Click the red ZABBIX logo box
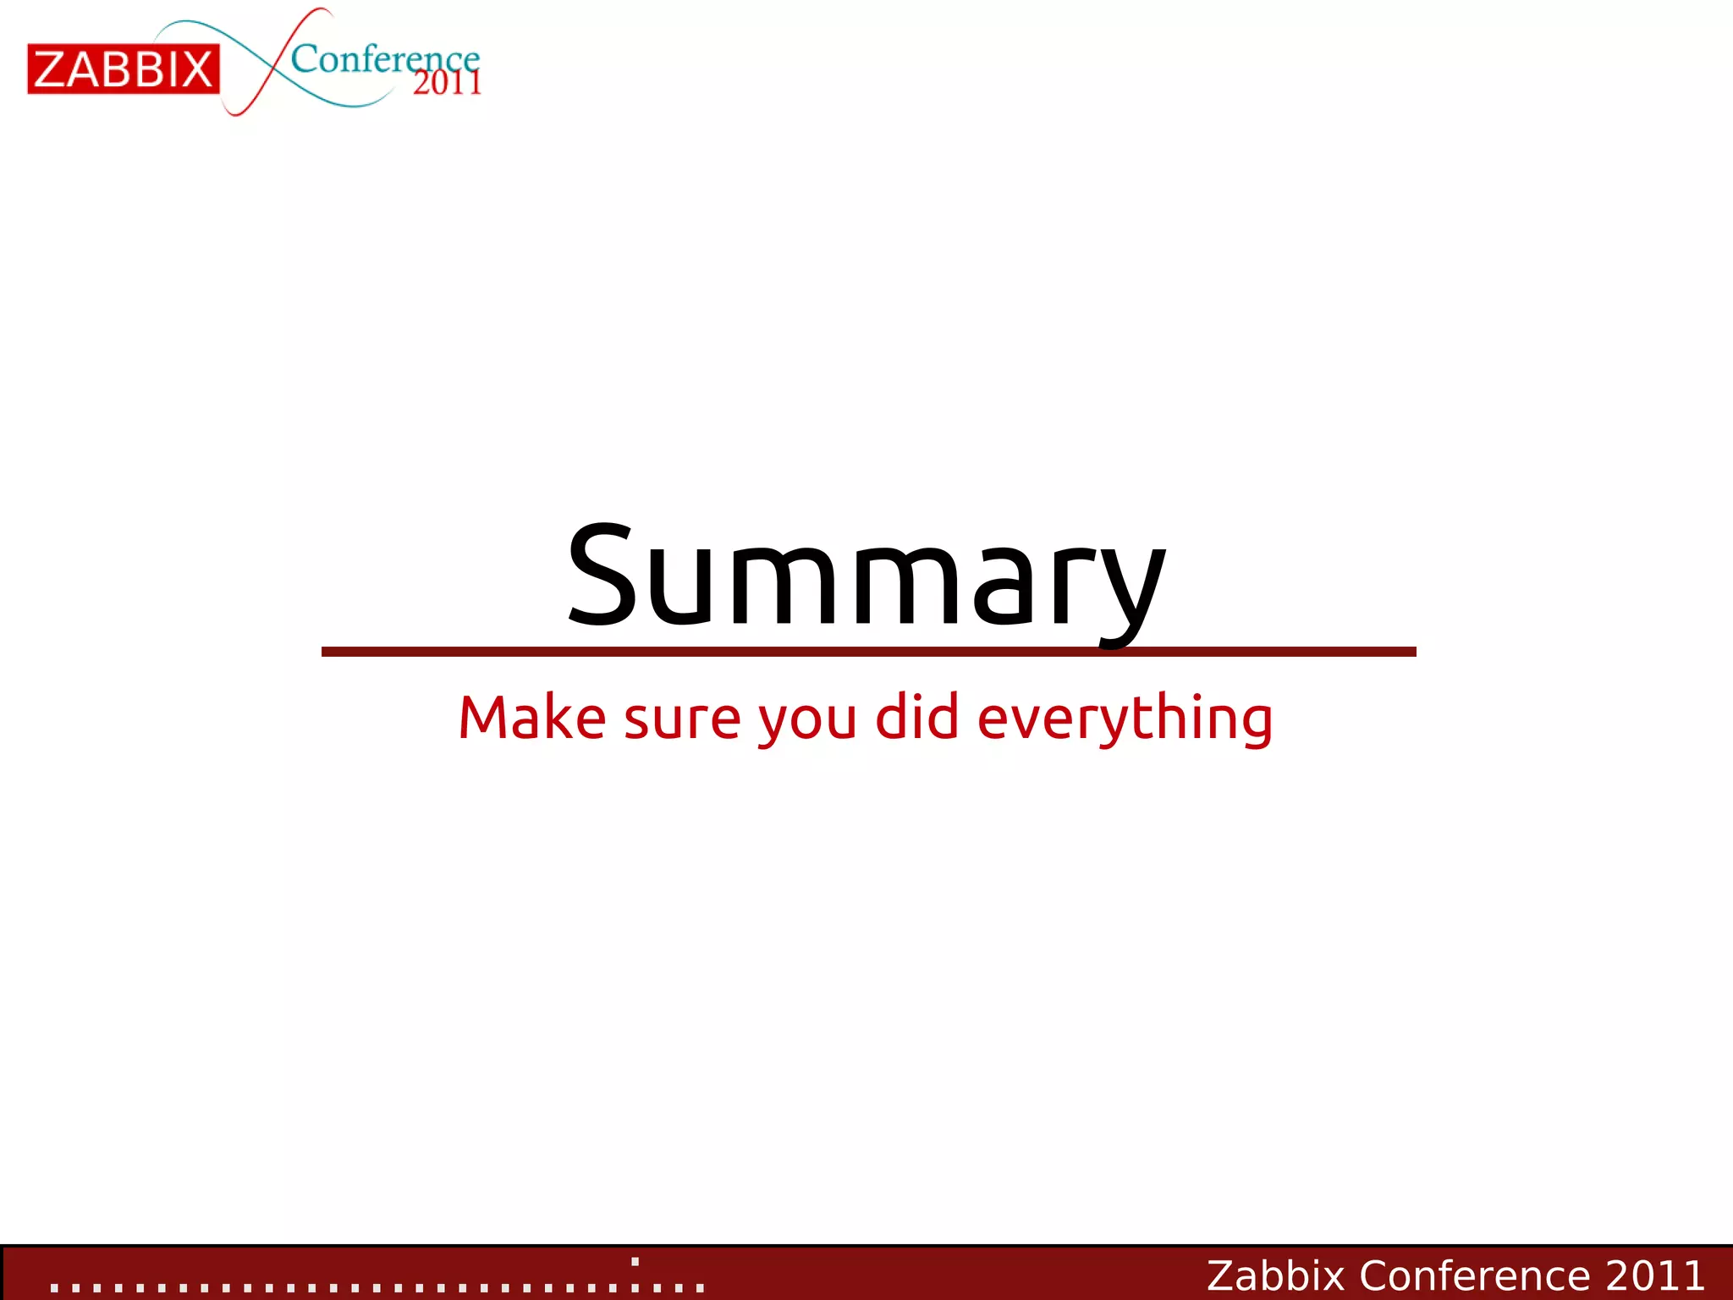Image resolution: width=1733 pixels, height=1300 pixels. (124, 69)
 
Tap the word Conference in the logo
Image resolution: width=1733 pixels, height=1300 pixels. (385, 59)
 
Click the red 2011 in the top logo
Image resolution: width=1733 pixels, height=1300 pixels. (447, 83)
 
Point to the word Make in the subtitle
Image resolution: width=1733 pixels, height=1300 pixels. (532, 718)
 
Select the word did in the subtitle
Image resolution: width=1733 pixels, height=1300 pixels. (917, 717)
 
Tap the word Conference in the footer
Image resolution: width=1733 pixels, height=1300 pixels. (1475, 1275)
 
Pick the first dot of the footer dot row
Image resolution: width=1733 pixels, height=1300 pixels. (54, 1288)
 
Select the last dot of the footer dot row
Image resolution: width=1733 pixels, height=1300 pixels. (700, 1288)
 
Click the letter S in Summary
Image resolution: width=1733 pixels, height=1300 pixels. (601, 576)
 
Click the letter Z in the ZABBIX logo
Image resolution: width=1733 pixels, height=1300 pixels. (52, 69)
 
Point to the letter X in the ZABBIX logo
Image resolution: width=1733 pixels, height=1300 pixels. (195, 69)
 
